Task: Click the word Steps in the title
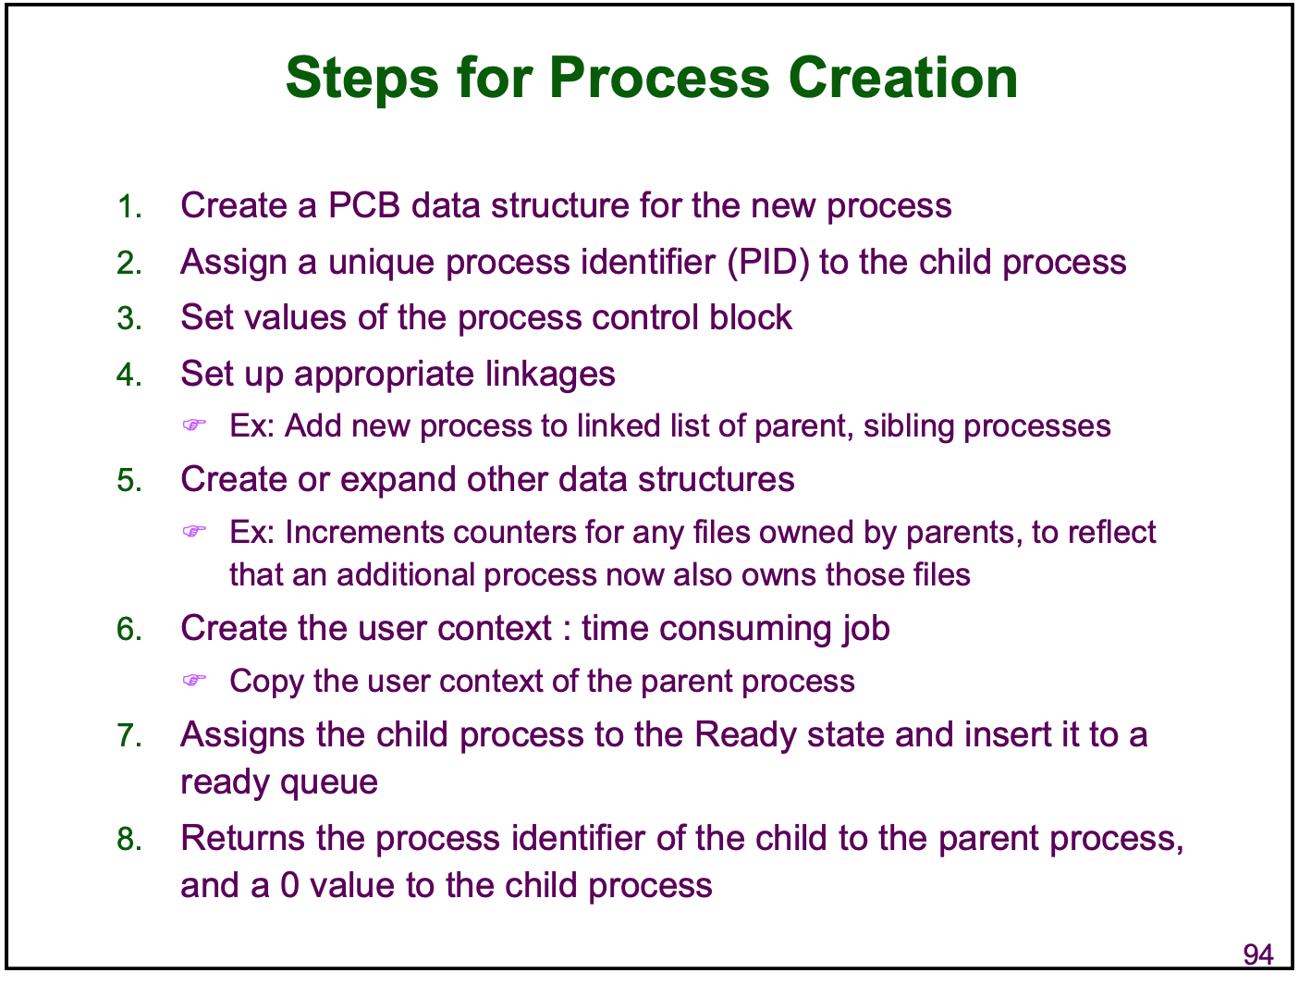[361, 79]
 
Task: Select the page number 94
[1258, 954]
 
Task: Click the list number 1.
[129, 206]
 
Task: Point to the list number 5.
[129, 480]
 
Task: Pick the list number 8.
[129, 838]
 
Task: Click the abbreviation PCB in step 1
[363, 205]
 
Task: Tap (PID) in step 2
[767, 263]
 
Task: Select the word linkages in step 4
[549, 376]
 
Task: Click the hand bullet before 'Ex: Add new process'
[194, 425]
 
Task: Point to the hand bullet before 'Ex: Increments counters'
[194, 531]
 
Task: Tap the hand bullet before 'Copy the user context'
[194, 679]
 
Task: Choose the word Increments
[364, 532]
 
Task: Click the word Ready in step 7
[745, 735]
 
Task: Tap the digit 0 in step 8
[289, 885]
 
